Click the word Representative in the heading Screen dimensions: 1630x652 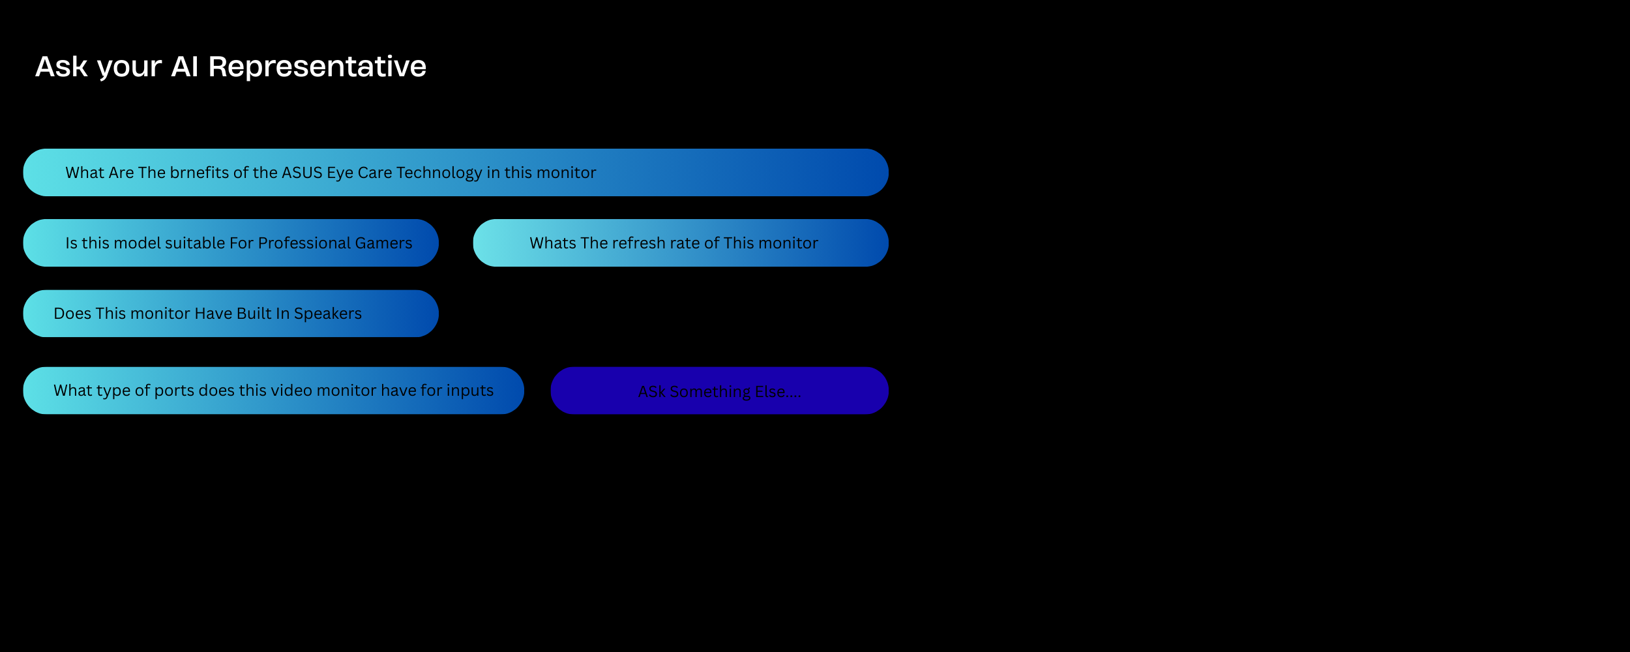point(317,67)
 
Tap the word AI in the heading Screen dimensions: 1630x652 point(185,67)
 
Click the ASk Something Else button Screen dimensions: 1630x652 point(719,391)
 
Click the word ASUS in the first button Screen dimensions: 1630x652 point(302,173)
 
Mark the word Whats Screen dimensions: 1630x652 point(552,243)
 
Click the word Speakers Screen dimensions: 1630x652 point(327,314)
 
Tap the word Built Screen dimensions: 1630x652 point(254,314)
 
